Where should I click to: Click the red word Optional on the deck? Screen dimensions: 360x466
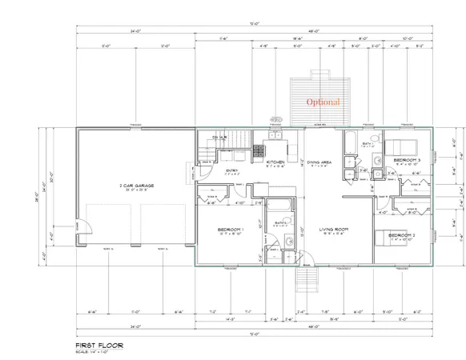323,102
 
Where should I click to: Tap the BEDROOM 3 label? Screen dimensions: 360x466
408,161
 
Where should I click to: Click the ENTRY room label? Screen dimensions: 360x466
231,170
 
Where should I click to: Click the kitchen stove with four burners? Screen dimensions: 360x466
260,150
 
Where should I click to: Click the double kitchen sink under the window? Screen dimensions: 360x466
275,136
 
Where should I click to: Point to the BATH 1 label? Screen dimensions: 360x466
368,144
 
